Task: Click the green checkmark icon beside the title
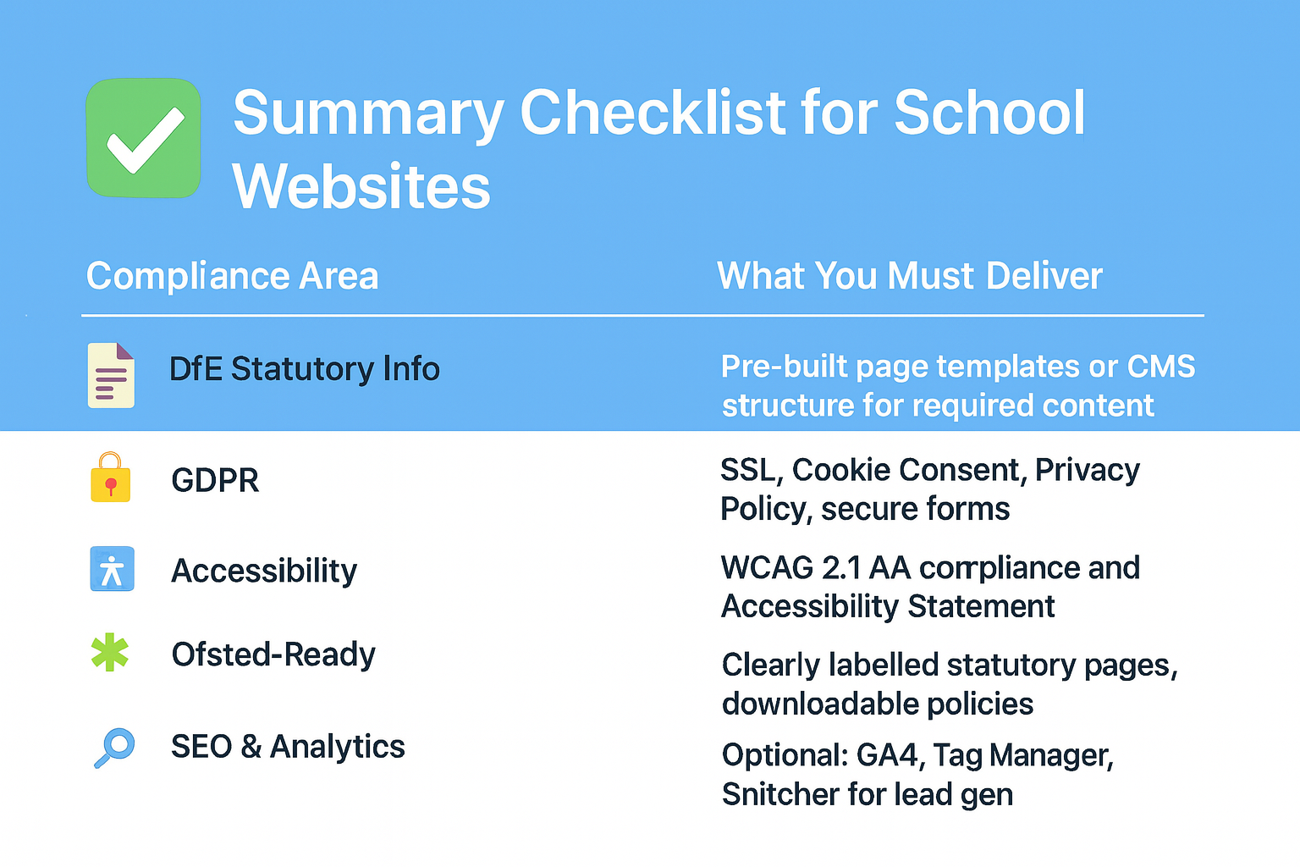143,138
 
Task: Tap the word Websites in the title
361,186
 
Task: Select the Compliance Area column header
232,276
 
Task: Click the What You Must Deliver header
910,275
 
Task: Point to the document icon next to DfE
111,376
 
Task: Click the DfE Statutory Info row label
304,369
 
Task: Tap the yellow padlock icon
110,477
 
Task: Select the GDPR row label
215,480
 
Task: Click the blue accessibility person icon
112,568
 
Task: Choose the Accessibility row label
264,571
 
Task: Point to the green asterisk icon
110,652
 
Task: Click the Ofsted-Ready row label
273,654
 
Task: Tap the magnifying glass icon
114,748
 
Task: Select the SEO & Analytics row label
288,746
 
